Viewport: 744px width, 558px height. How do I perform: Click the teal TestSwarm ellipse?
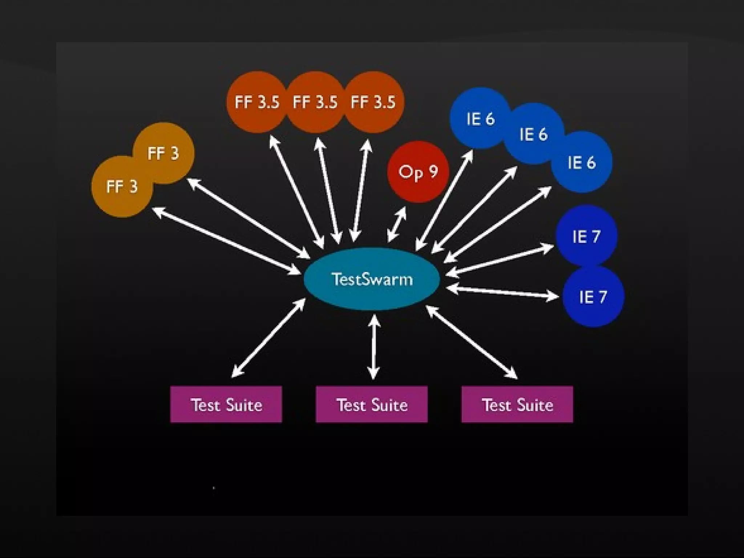(x=372, y=279)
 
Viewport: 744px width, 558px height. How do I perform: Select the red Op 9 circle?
(x=418, y=171)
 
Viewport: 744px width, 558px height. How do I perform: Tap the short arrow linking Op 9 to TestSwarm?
(x=397, y=224)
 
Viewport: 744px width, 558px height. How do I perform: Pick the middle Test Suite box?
(x=372, y=404)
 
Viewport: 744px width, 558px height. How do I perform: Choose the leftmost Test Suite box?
(x=226, y=404)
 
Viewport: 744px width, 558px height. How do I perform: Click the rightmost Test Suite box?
(x=517, y=404)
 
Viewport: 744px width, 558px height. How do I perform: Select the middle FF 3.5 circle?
(x=315, y=102)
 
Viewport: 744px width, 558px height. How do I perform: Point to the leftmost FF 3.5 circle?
(x=256, y=102)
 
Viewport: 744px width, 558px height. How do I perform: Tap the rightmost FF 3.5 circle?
(x=373, y=102)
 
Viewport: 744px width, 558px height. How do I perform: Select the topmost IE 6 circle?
(x=480, y=118)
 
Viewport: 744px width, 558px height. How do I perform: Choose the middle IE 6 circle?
(x=533, y=134)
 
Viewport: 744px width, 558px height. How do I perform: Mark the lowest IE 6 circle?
(x=582, y=162)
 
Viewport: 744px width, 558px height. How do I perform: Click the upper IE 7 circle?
(x=586, y=236)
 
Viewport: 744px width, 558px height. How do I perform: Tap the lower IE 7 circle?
(x=593, y=297)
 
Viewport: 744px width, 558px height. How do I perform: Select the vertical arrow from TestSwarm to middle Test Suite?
(x=373, y=347)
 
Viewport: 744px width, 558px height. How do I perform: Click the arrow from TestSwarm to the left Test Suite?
(x=268, y=338)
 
